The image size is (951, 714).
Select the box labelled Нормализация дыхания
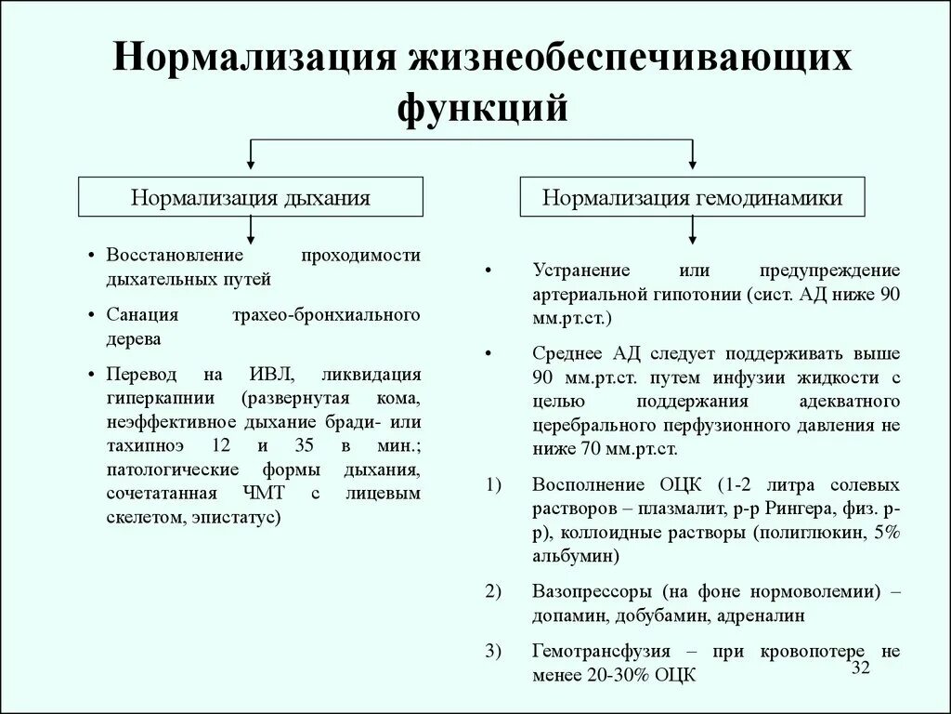tap(251, 197)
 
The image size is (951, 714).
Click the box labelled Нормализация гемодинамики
tap(693, 197)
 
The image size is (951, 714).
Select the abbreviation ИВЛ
tap(271, 375)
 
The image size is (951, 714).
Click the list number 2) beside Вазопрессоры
tap(492, 591)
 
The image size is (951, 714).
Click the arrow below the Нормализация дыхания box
tap(251, 229)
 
